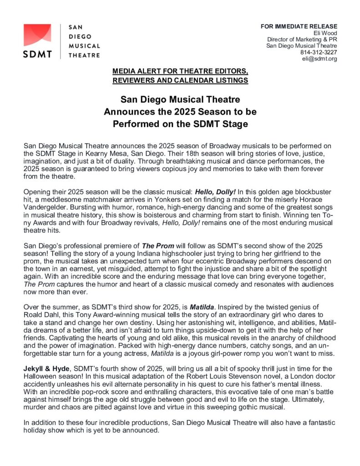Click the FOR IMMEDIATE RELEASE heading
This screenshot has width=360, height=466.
[299, 26]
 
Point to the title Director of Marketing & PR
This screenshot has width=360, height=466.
[302, 39]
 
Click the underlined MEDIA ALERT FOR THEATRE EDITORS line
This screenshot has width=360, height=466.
[180, 72]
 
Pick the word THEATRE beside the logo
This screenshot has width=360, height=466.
[84, 55]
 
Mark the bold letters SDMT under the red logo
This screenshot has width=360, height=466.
[38, 54]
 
